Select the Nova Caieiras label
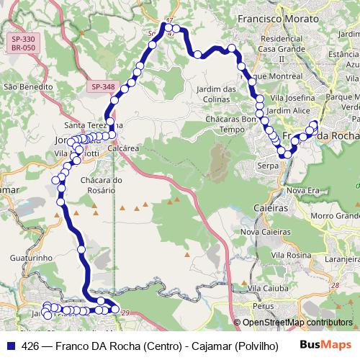[264, 232]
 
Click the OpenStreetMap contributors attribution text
[297, 323]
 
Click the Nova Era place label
[302, 189]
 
